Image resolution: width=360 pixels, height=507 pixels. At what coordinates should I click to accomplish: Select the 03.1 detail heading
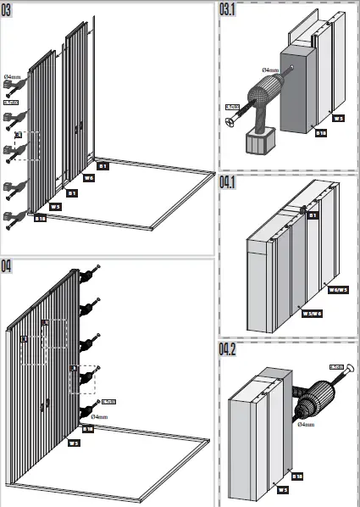[x=229, y=10]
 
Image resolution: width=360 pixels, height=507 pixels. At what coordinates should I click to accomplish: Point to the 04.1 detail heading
[x=229, y=182]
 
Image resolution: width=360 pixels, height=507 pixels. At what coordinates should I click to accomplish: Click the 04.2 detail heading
[x=229, y=350]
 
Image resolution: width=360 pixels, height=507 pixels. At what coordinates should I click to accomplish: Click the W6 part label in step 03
[x=89, y=178]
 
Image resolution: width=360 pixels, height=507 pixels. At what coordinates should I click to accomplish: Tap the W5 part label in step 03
[x=55, y=206]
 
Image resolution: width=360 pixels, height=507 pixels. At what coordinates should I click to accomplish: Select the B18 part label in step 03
[x=40, y=218]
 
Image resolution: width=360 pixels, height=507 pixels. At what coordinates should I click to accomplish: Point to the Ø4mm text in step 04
[x=99, y=417]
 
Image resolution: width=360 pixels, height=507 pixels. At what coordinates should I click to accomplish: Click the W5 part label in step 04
[x=74, y=442]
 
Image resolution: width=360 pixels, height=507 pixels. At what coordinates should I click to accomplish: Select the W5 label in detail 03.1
[x=338, y=119]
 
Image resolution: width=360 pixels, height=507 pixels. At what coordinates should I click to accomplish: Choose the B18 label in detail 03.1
[x=321, y=133]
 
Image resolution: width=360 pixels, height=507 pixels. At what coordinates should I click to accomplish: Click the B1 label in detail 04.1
[x=313, y=215]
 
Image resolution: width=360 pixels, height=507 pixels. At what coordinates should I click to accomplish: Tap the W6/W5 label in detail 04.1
[x=337, y=289]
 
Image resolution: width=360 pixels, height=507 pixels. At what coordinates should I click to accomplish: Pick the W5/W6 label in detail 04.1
[x=311, y=313]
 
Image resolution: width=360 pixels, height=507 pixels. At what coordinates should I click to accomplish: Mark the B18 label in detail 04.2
[x=297, y=476]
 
